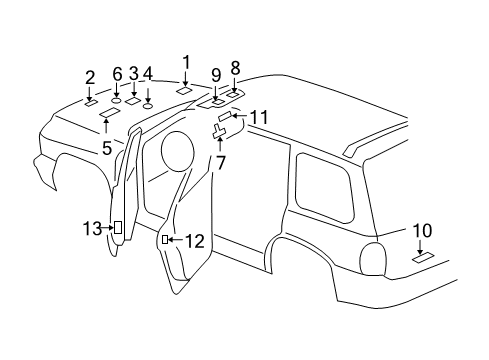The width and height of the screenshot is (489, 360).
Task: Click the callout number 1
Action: pyautogui.click(x=185, y=62)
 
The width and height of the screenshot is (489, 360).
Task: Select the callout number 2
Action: pyautogui.click(x=90, y=77)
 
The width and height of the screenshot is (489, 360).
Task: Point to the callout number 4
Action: pyautogui.click(x=148, y=73)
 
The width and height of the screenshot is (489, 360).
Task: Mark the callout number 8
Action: pyautogui.click(x=236, y=68)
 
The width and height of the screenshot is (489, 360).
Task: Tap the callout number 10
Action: pyautogui.click(x=422, y=231)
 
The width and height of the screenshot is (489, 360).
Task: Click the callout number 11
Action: pyautogui.click(x=259, y=118)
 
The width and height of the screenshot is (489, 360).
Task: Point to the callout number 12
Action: pyautogui.click(x=194, y=241)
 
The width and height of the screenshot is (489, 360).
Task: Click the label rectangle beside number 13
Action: pyautogui.click(x=119, y=229)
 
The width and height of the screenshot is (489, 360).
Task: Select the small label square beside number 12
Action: pyautogui.click(x=165, y=241)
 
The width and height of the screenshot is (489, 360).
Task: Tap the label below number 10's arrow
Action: pyautogui.click(x=423, y=258)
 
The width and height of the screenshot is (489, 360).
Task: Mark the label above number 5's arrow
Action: pyautogui.click(x=107, y=114)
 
